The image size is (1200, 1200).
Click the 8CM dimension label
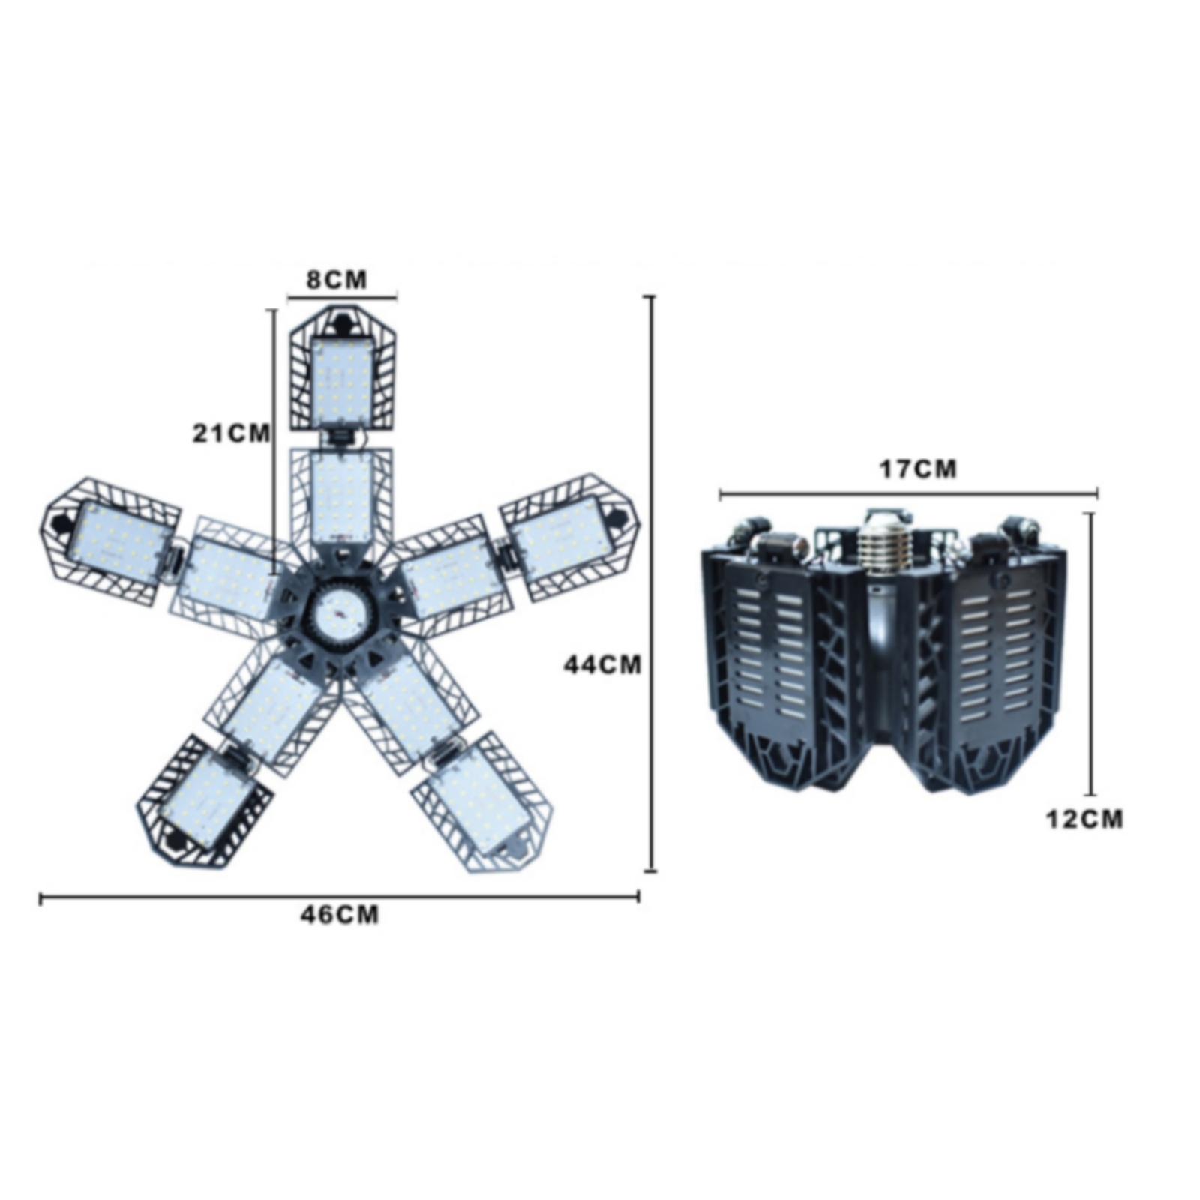(x=337, y=280)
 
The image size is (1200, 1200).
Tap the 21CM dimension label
(x=231, y=433)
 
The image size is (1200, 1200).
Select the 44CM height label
(x=602, y=664)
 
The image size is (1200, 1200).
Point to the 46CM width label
(x=340, y=915)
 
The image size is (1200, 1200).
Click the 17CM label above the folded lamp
(x=918, y=469)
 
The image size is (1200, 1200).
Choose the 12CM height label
(x=1084, y=819)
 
